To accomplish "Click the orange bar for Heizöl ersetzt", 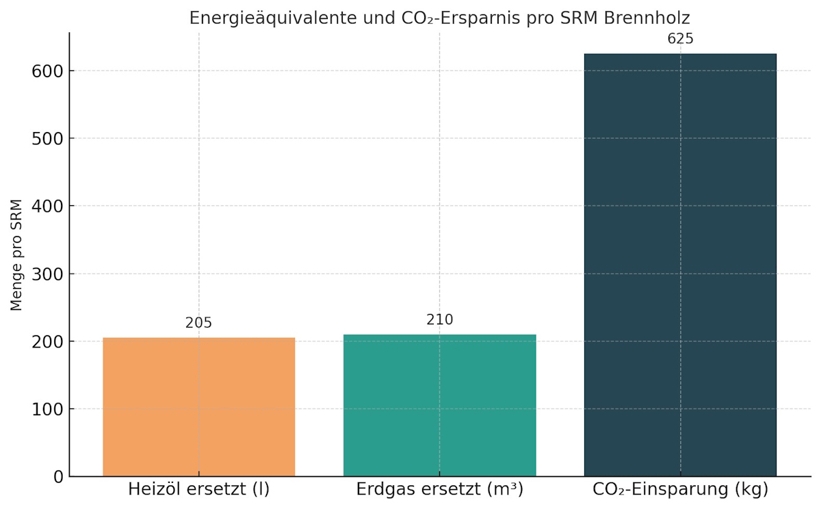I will [x=198, y=406].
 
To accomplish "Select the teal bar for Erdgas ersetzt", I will [x=439, y=405].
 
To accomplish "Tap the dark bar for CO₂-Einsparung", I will [x=680, y=265].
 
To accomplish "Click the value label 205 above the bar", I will [x=198, y=323].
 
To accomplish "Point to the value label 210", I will [x=439, y=319].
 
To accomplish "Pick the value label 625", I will [x=680, y=39].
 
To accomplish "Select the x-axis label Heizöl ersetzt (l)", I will [x=198, y=490].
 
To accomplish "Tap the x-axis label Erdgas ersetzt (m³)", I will [x=439, y=490].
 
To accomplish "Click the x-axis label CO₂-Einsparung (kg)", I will [x=680, y=490].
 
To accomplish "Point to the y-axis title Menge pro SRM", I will [x=17, y=254].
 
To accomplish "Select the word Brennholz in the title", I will [x=647, y=18].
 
